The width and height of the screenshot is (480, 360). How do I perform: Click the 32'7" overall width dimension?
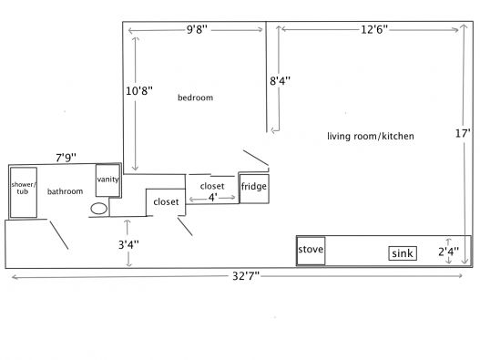point(246,276)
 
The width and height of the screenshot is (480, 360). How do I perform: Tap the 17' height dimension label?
point(463,133)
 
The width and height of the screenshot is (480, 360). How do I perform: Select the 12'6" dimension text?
point(374,30)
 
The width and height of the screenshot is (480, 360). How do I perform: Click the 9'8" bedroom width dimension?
point(197,30)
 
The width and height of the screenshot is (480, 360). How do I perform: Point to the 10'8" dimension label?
point(139,91)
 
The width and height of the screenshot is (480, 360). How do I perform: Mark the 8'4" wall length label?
point(280,81)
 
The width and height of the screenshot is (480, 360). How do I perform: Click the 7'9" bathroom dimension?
point(66,158)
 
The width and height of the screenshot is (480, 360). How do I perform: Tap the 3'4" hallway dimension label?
point(128,245)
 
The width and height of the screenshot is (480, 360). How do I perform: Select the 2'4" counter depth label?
point(448,252)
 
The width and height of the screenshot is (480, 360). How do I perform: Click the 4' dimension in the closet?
point(212,198)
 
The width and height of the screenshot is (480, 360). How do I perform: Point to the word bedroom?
point(195,98)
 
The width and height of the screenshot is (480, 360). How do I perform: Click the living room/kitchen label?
point(371,136)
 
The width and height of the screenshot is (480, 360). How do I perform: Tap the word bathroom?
point(66,191)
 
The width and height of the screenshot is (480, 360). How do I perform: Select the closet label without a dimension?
point(166,202)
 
